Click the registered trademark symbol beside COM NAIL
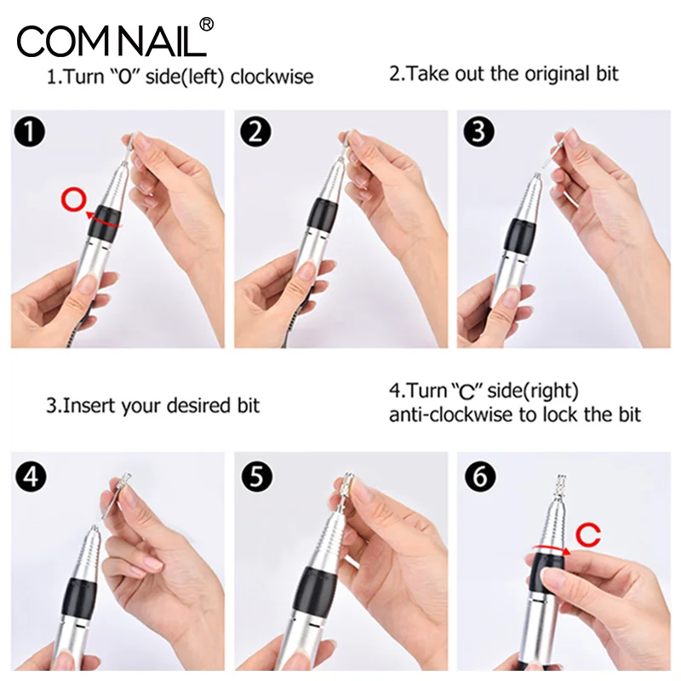[x=207, y=25]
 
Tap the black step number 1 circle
[x=30, y=132]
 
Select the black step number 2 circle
[x=256, y=132]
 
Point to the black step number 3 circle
[x=478, y=132]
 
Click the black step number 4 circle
[x=31, y=477]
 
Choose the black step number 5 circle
[x=257, y=477]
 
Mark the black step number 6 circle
[x=480, y=477]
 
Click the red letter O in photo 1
[x=74, y=199]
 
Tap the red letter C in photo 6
[x=588, y=535]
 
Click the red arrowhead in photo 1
[x=90, y=215]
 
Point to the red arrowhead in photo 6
[x=566, y=552]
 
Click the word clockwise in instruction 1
[x=272, y=77]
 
